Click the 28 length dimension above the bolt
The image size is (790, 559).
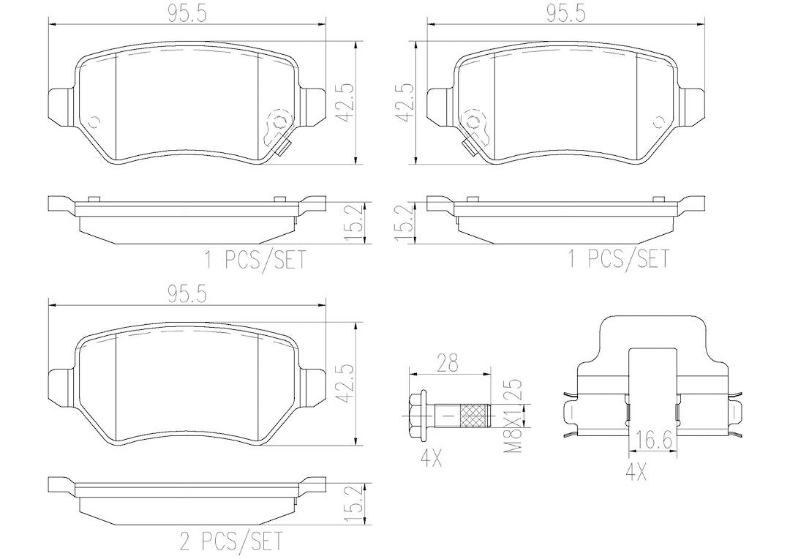point(448,363)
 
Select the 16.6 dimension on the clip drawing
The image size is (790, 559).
point(653,441)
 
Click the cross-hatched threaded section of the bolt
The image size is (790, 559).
point(475,416)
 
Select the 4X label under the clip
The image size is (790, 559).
point(636,472)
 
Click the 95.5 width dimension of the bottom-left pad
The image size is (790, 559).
point(187,296)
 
